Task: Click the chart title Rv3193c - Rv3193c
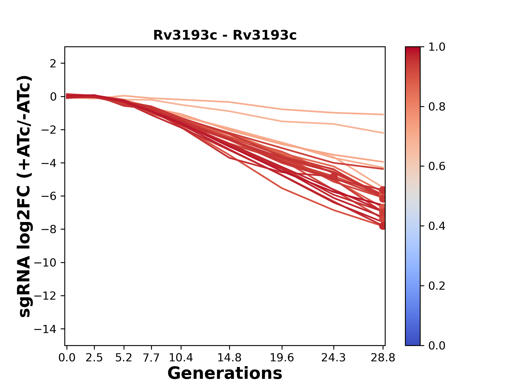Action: pos(225,35)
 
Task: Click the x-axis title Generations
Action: pos(225,373)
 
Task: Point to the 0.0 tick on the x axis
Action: pos(67,358)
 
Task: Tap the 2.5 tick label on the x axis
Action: pos(94,358)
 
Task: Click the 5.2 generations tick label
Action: pos(124,358)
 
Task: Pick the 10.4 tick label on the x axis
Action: pos(181,358)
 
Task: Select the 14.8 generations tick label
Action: pos(229,358)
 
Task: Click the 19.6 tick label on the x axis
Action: pos(282,358)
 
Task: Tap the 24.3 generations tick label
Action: pos(334,358)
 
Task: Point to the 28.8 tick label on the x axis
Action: pos(383,358)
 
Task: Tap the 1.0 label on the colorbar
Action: pos(437,47)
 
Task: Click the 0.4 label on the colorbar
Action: pos(437,226)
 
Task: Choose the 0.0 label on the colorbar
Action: pos(437,345)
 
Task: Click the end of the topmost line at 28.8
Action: pos(383,115)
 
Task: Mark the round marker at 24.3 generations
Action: pos(334,176)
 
